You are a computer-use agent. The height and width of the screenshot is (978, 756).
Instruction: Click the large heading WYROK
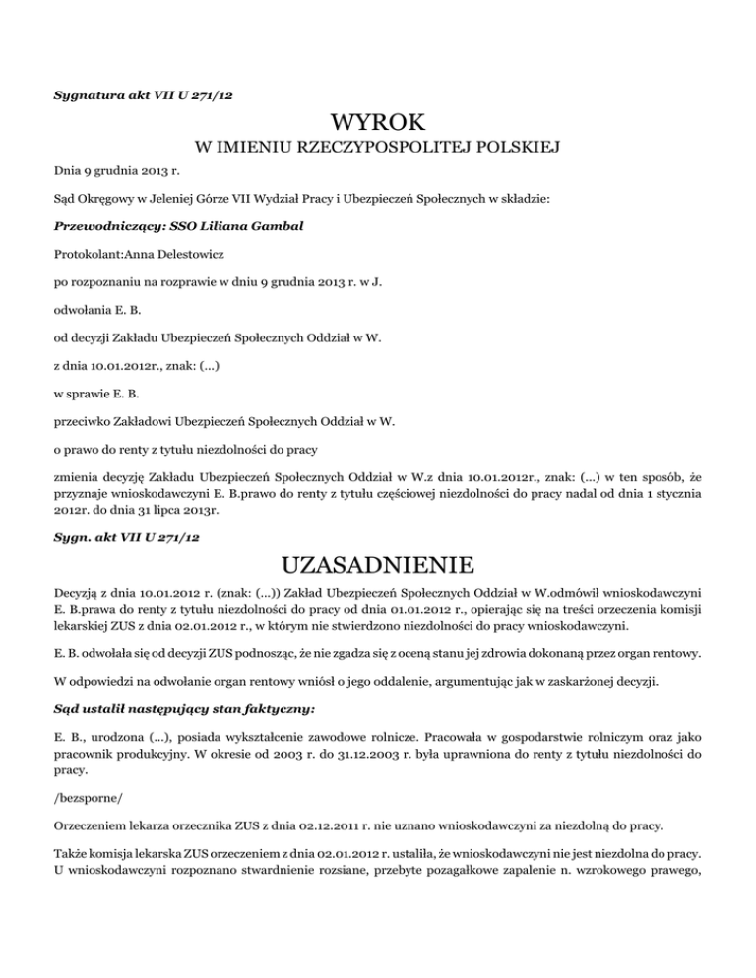coord(378,126)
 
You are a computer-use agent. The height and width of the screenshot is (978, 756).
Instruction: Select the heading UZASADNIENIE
coord(378,567)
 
